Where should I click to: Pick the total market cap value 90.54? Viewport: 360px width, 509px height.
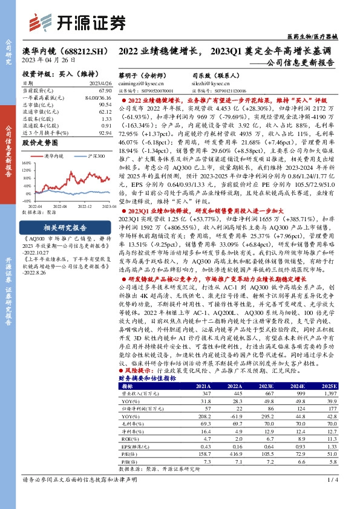[x=105, y=104]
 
